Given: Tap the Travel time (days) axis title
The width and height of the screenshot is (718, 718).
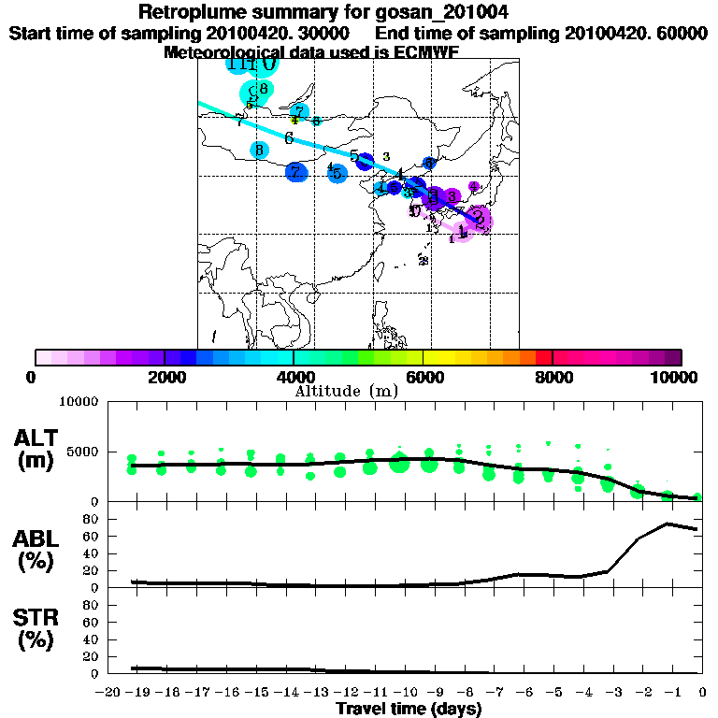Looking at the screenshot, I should (409, 710).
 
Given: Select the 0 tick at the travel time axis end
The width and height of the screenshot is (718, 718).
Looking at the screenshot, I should (702, 693).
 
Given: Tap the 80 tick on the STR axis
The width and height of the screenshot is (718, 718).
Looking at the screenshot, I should (93, 604).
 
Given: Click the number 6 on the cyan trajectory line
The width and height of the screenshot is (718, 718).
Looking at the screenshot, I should (289, 138).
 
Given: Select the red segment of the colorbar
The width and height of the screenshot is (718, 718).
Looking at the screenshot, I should (543, 357).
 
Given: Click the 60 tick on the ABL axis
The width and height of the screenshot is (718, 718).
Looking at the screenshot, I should (93, 536).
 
